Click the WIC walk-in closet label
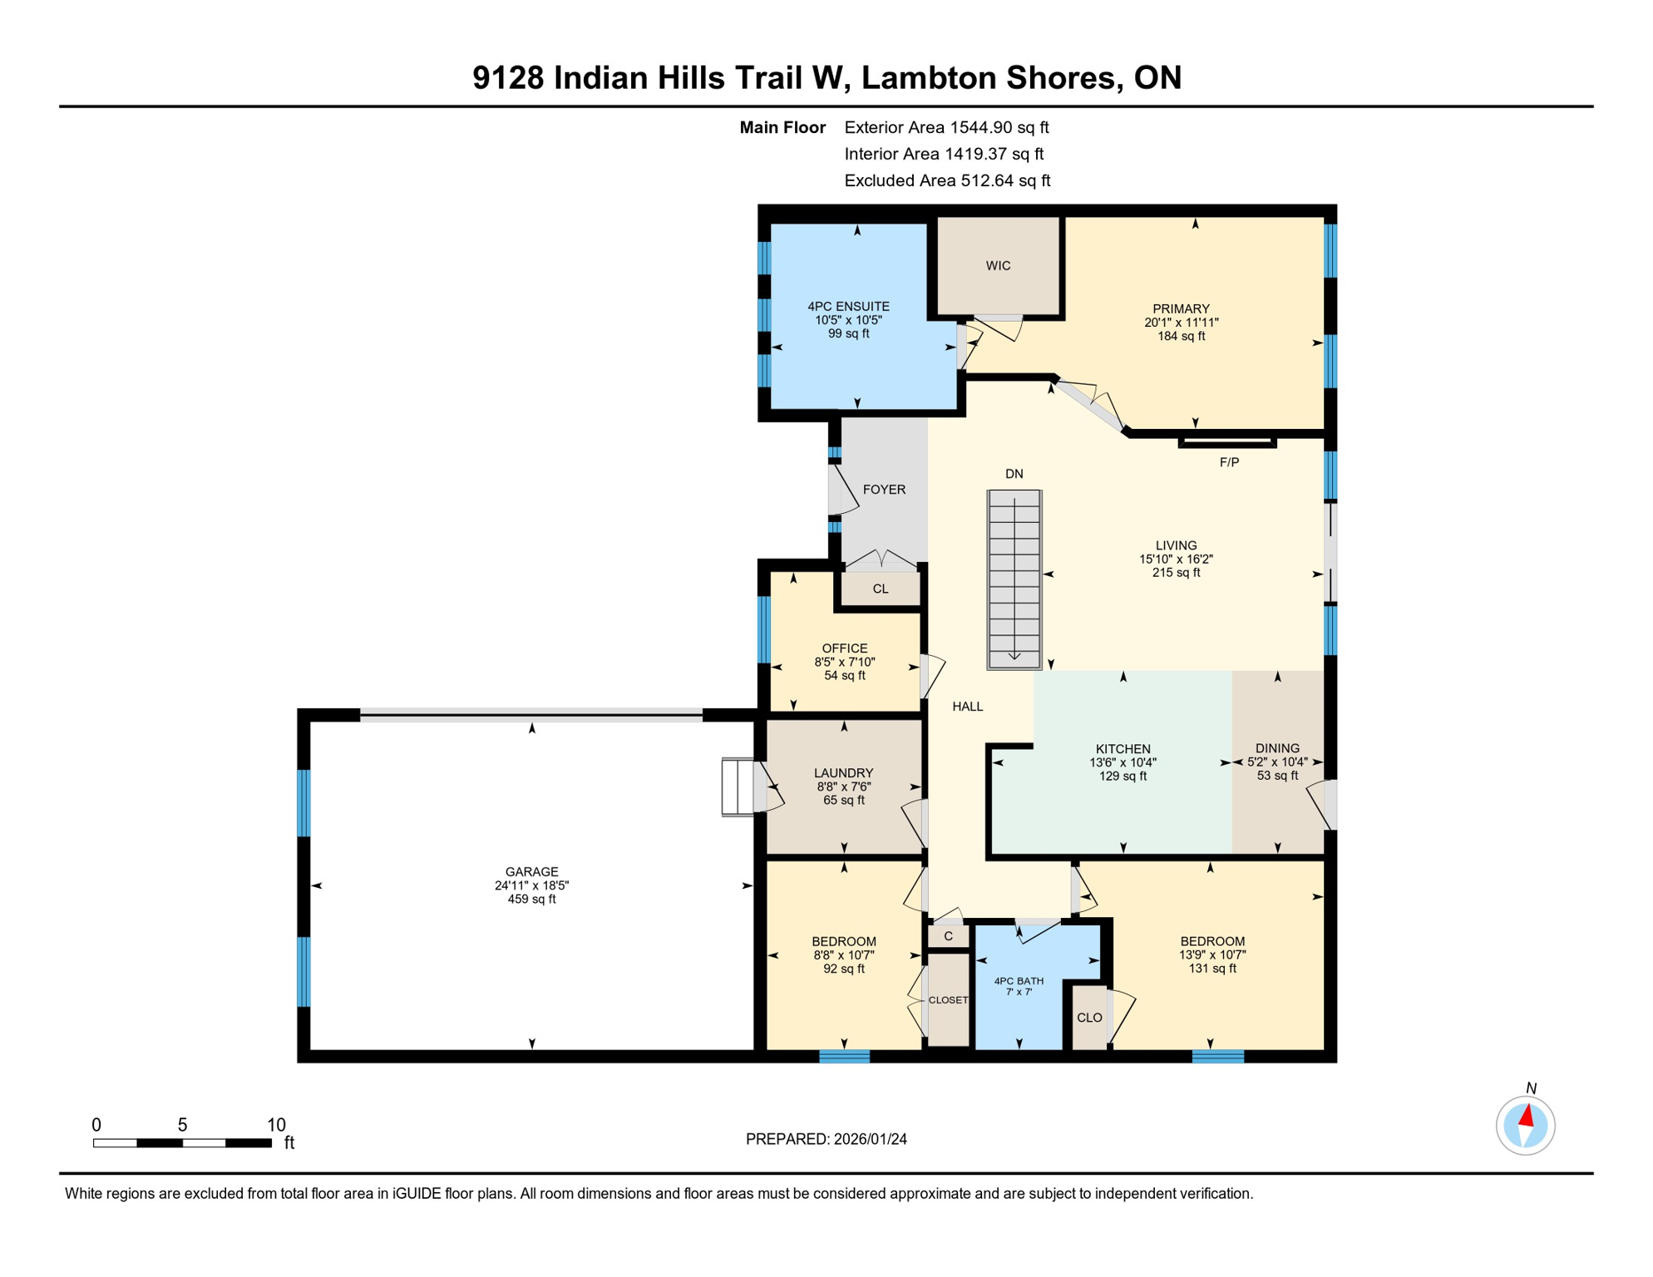998,266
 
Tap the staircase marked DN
1014,579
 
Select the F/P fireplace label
1229,462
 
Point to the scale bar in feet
182,1143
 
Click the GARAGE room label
531,872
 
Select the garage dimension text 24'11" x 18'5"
531,885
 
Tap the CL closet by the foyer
881,589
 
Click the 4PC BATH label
1019,981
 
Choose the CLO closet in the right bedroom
1089,1018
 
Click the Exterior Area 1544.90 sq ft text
946,127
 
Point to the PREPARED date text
826,1139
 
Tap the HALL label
968,707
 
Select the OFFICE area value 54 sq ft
845,676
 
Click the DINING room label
1277,748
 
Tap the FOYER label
884,490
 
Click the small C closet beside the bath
948,936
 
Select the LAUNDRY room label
843,772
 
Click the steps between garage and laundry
738,786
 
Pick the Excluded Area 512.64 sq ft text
947,180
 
